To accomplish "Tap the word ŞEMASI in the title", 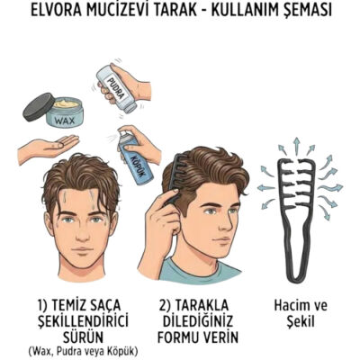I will click(x=303, y=13).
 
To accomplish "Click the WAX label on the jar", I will click(x=60, y=118).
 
